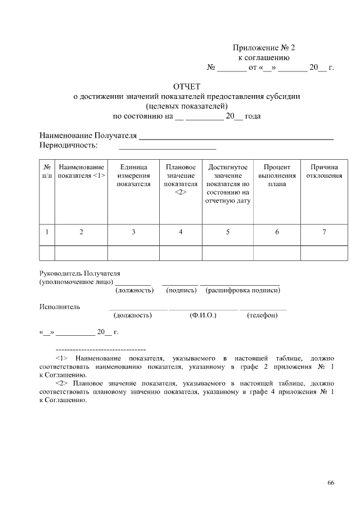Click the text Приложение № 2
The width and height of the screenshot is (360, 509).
pos(264,48)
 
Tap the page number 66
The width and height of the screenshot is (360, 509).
pos(331,483)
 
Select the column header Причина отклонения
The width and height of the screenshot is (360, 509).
pos(324,172)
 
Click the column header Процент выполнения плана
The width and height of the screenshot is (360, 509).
pos(277,175)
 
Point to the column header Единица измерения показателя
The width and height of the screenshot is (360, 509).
pos(133,175)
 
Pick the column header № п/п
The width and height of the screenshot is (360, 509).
pos(47,172)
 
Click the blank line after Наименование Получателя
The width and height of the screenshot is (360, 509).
pos(236,137)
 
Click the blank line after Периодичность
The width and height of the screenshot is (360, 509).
pos(167,147)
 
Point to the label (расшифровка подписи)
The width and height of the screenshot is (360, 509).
pos(243,291)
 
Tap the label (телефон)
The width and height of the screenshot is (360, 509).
pos(262,316)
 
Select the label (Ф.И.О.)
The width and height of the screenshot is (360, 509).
pos(203,316)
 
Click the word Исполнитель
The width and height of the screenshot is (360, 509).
pos(60,307)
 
